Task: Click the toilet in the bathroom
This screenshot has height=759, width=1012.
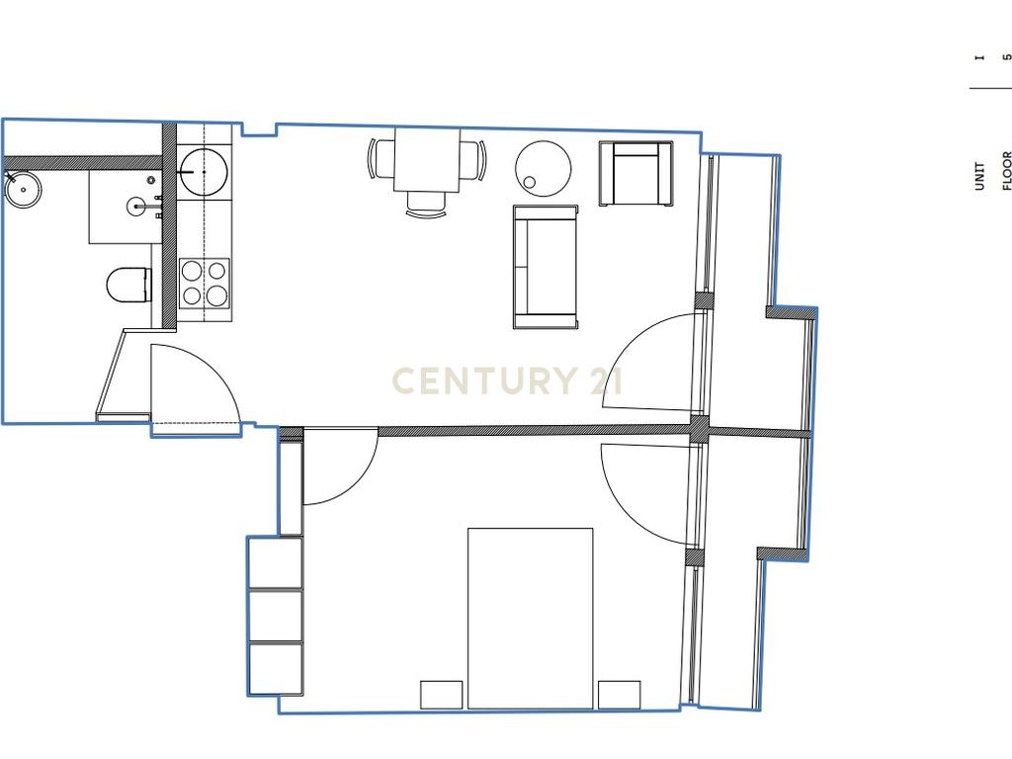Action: click(x=127, y=285)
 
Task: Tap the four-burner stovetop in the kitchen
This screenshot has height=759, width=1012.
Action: click(x=204, y=283)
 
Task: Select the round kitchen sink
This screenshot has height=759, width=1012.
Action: click(x=204, y=172)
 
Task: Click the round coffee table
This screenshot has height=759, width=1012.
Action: click(x=543, y=168)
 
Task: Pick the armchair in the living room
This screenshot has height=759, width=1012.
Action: click(x=635, y=174)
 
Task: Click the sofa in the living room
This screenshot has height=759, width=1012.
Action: click(x=546, y=267)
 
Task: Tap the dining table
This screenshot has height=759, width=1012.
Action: click(x=427, y=160)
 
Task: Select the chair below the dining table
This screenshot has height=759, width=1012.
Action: click(x=427, y=204)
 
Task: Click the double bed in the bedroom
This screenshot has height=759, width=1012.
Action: click(x=530, y=619)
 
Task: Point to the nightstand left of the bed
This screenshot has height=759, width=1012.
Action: click(x=442, y=695)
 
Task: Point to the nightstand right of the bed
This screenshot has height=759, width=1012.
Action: click(x=619, y=695)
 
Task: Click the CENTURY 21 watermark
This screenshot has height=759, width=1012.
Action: click(x=507, y=380)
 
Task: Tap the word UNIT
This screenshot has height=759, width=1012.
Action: click(x=979, y=176)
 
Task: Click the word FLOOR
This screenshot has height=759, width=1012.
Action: click(x=1006, y=170)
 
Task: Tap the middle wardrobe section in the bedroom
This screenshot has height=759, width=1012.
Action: click(x=276, y=615)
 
